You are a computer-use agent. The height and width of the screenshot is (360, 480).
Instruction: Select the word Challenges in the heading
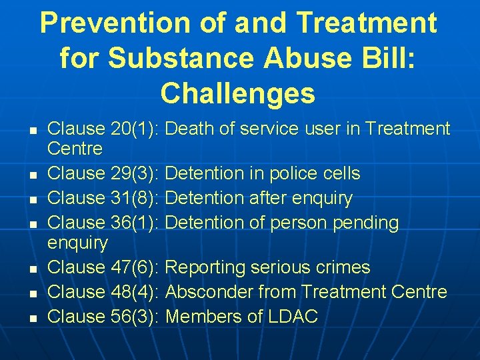238,93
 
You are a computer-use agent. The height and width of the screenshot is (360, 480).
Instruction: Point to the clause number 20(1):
134,129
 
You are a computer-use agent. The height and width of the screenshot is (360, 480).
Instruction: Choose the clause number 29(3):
134,174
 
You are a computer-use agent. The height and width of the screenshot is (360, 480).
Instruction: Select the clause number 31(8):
134,199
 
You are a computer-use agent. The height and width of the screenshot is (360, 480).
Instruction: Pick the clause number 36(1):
134,223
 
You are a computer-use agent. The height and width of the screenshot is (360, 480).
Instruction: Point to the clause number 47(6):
134,268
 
